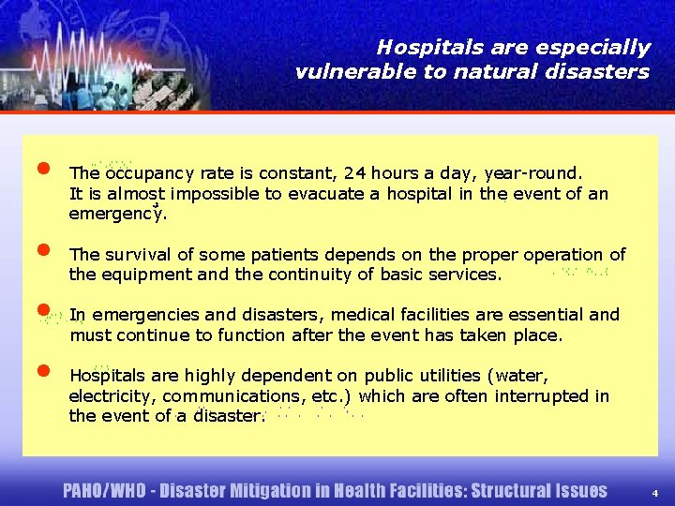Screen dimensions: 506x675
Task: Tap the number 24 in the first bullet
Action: pos(355,172)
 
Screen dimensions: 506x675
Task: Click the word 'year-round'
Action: pos(533,172)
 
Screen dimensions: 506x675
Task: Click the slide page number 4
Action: pos(655,492)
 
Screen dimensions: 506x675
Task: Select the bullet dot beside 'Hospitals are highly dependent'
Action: pos(43,370)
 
